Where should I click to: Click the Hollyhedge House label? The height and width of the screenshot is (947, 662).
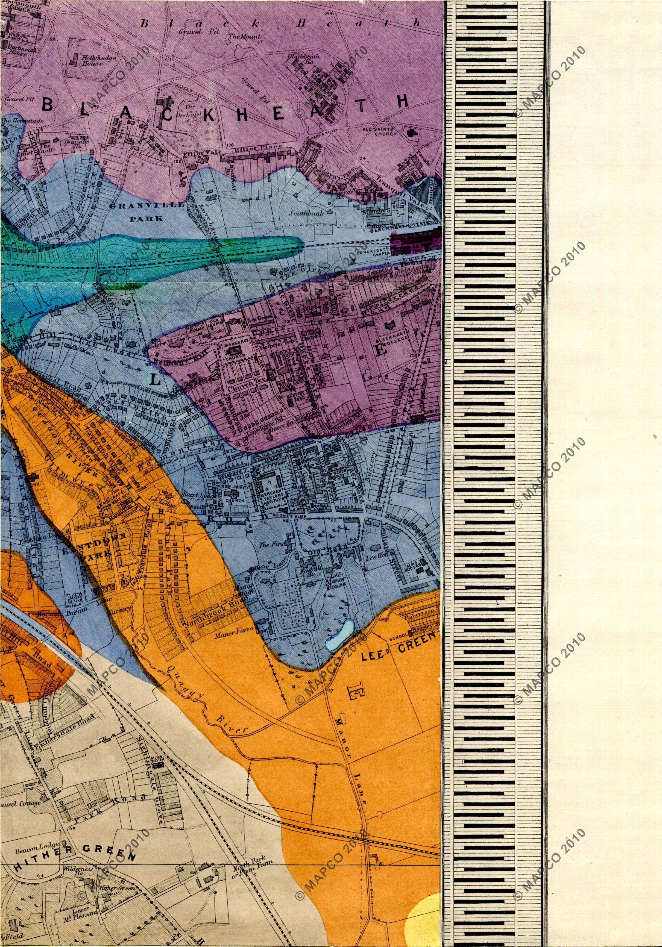point(92,61)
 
